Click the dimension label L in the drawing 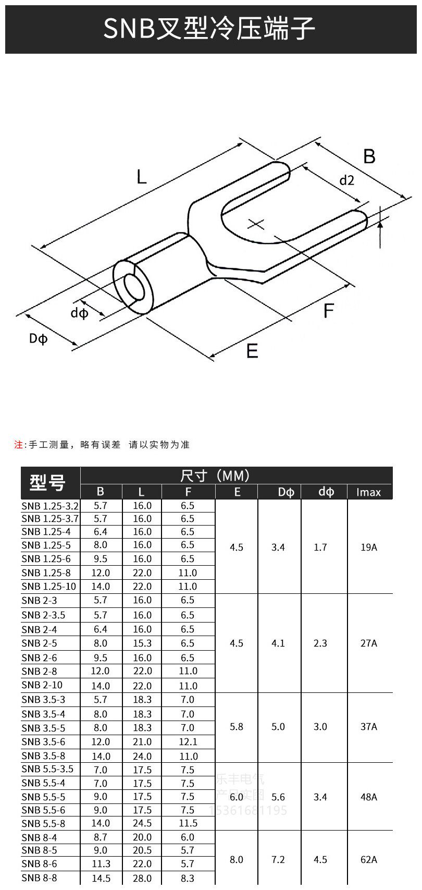pyautogui.click(x=142, y=177)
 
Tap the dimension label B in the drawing pyautogui.click(x=369, y=156)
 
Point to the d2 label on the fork pyautogui.click(x=346, y=180)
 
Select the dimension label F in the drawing pyautogui.click(x=328, y=311)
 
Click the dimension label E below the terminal pyautogui.click(x=252, y=351)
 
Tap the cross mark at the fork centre pyautogui.click(x=256, y=224)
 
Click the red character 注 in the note pyautogui.click(x=19, y=445)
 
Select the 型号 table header pyautogui.click(x=47, y=483)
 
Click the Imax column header pyautogui.click(x=368, y=492)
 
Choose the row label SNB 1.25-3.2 pyautogui.click(x=50, y=506)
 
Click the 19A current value pyautogui.click(x=368, y=547)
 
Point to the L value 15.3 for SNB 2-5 pyautogui.click(x=142, y=643)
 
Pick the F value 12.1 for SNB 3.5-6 pyautogui.click(x=188, y=741)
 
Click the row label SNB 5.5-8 pyautogui.click(x=44, y=823)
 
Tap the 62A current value pyautogui.click(x=368, y=859)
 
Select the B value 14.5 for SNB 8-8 pyautogui.click(x=101, y=878)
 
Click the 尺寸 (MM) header pyautogui.click(x=215, y=476)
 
